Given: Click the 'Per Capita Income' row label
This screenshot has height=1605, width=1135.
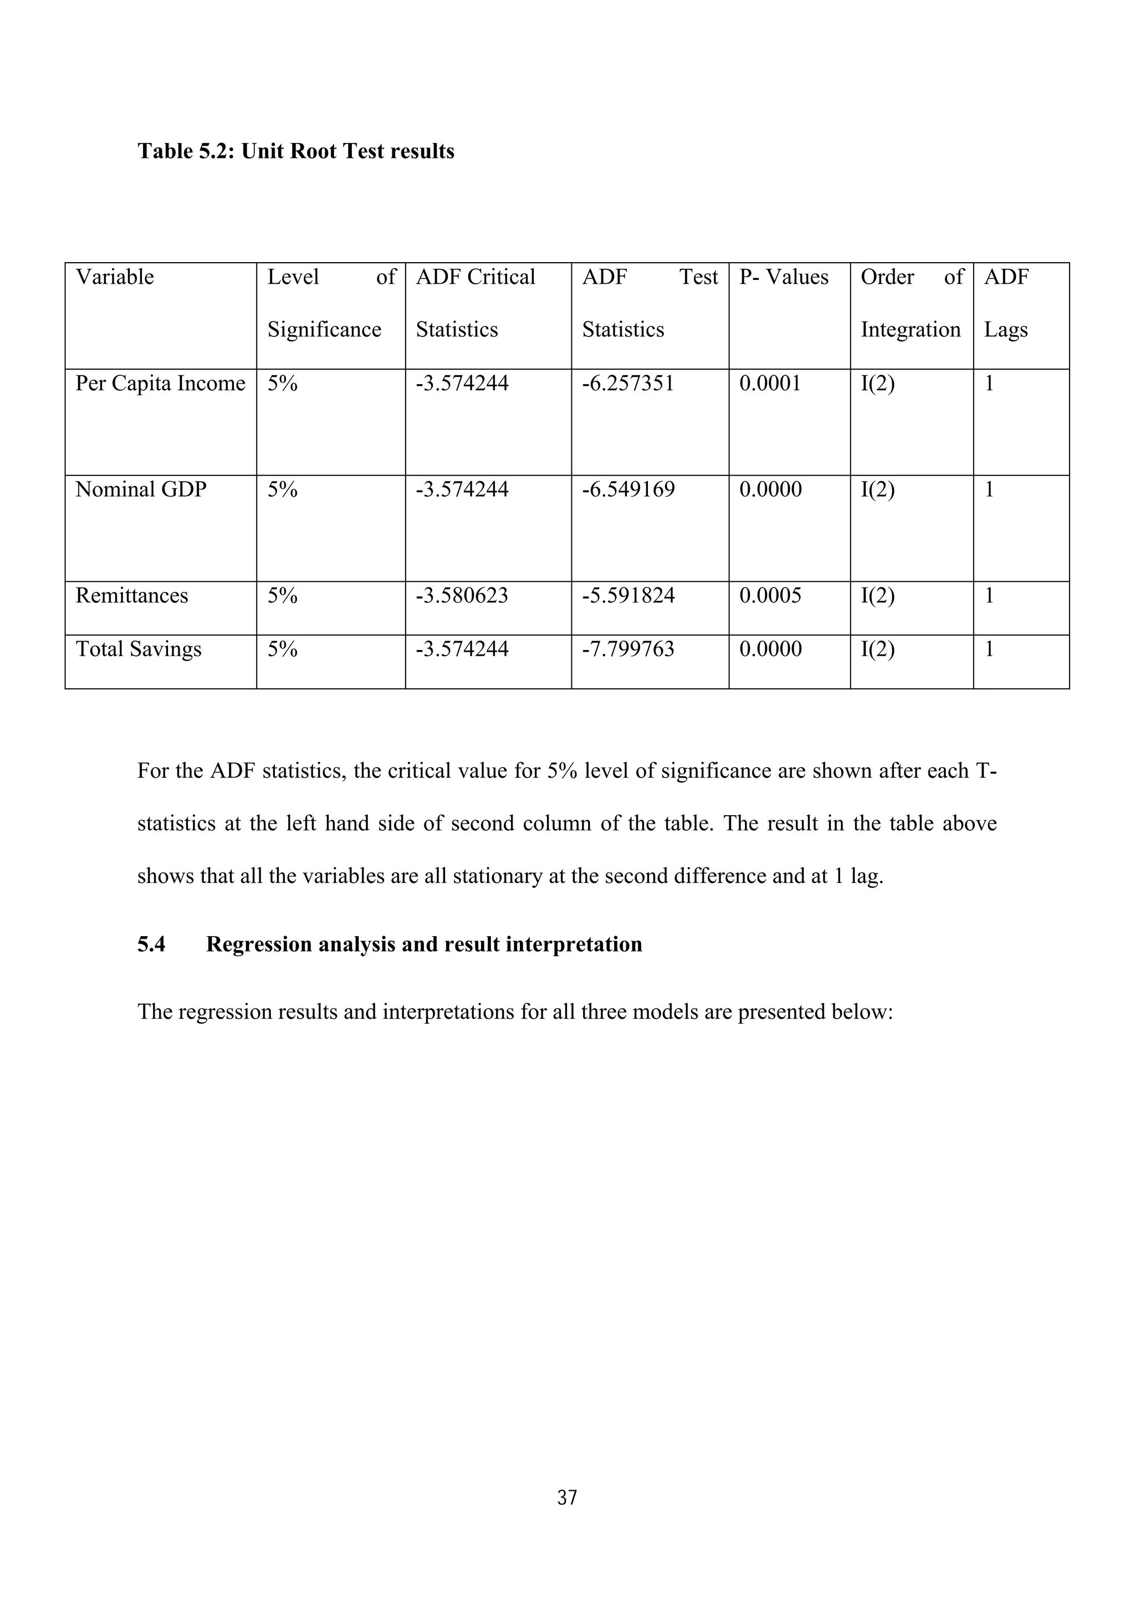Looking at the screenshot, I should pos(160,383).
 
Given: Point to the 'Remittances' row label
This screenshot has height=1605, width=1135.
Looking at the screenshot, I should pos(131,596).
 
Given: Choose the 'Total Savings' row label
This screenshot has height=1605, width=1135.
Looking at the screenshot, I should pos(139,649).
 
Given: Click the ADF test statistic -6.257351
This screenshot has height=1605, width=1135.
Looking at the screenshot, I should pos(627,383).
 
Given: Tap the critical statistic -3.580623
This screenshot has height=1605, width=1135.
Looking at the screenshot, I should pos(462,596).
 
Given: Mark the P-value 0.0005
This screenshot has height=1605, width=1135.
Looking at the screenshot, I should pos(770,596).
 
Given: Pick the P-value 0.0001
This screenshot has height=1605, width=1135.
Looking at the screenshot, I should pos(770,383).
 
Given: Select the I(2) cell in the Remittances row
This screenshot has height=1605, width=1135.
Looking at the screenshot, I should pos(877,596).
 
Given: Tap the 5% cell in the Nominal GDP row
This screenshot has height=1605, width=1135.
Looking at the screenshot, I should pos(282,489).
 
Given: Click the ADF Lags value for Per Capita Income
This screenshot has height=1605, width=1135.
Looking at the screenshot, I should pos(989,383).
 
